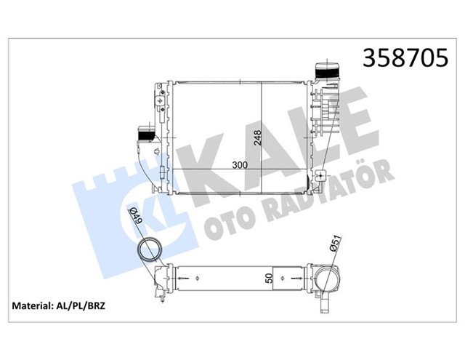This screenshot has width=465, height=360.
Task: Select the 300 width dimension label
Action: [240, 165]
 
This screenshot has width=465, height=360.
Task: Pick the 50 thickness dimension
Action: [269, 278]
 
